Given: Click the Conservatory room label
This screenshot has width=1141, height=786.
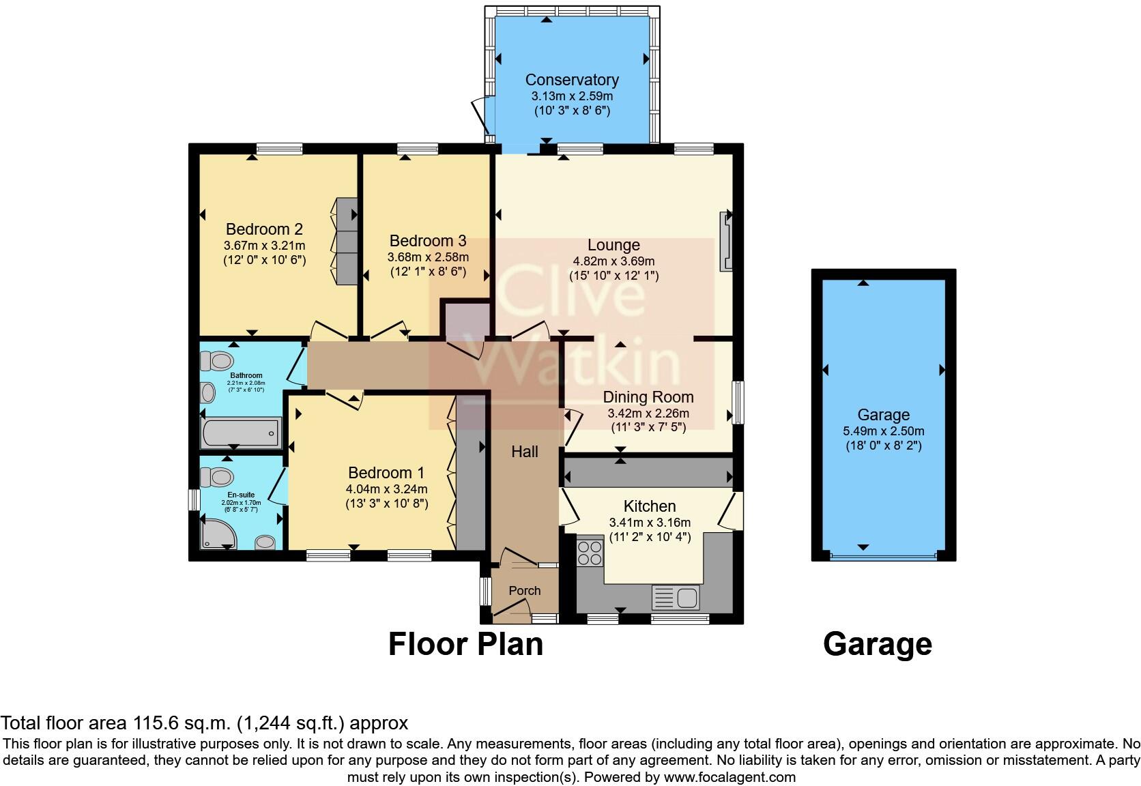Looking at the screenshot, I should pos(572,80).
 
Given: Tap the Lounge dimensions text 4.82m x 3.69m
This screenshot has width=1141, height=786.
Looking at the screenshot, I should pos(613,261).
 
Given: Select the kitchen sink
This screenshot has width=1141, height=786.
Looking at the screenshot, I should pos(675,598).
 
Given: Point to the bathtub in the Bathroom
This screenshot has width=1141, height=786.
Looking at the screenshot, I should pos(240,432).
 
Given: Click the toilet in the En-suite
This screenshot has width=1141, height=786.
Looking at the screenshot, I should pos(222,475).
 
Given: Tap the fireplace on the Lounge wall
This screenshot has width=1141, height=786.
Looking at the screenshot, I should pos(726,242).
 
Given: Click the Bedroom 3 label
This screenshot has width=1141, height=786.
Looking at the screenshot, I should pos(428,241).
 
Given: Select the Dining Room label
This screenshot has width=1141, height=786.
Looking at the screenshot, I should pos(648,397).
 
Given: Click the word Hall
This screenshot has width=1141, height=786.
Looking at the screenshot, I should pos(525,452).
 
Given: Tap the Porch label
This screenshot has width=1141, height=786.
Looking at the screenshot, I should pos(525,591).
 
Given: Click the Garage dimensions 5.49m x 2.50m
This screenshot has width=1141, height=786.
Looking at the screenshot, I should pos(883,431).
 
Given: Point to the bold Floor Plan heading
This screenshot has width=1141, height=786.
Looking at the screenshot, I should pos(465,644).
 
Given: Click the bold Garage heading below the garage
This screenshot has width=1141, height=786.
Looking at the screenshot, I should pos(877,644).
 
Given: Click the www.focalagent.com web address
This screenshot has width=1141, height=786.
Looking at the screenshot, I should pos(729,776).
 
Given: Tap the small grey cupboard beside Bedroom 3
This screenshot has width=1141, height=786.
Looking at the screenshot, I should pos(467,319).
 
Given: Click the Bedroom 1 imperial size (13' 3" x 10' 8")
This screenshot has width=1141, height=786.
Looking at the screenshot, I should pos(386,504).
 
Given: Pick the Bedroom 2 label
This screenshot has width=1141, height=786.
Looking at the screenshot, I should pos(264,229).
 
